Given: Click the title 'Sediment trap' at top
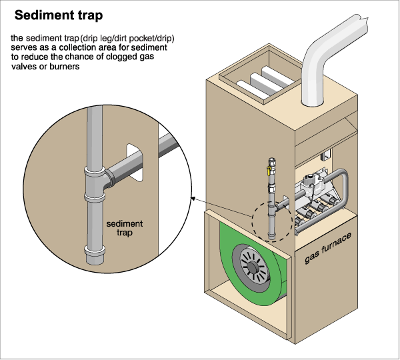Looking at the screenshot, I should click(57, 15).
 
